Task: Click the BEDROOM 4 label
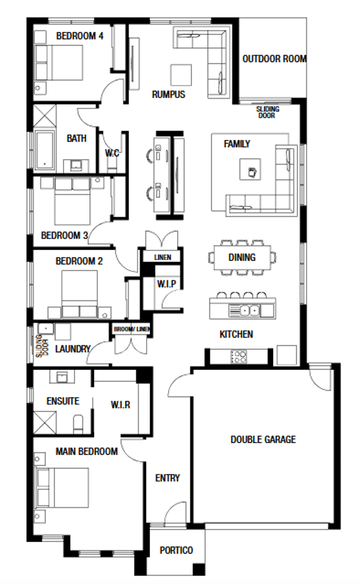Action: (80, 36)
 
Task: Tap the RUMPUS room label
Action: (169, 95)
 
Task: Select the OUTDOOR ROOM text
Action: (274, 59)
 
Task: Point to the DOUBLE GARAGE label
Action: (263, 439)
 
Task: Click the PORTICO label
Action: (176, 550)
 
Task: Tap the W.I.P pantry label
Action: (166, 284)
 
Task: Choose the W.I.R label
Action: (121, 405)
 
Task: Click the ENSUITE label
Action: (63, 401)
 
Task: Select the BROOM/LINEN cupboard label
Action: (132, 330)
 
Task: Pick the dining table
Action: (243, 258)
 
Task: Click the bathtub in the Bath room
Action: (45, 151)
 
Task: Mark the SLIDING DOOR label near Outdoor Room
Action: (267, 112)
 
